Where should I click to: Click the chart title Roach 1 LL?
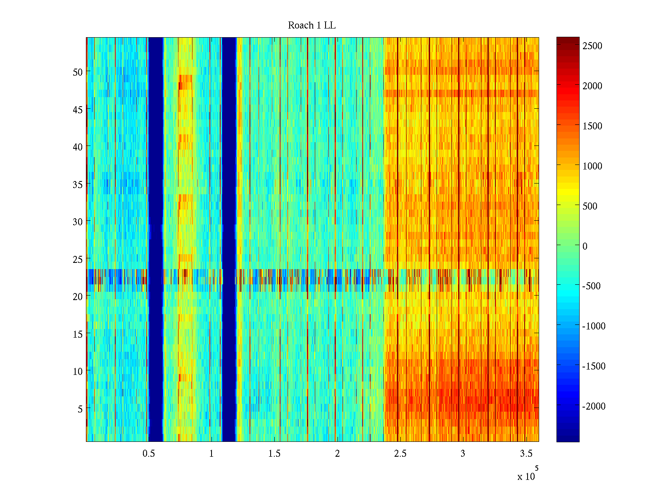pos(311,26)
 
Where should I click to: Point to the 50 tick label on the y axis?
pos(78,72)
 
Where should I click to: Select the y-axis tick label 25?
pos(78,259)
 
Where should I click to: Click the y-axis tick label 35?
pos(78,184)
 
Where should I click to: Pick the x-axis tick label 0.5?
pos(149,453)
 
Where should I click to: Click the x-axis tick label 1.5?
pos(274,453)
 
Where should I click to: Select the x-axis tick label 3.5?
pos(526,453)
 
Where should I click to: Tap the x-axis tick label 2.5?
pos(400,453)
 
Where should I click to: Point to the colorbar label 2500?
pos(592,46)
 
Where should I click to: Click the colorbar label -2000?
pos(594,406)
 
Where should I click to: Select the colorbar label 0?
pos(585,246)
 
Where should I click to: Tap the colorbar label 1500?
pos(592,126)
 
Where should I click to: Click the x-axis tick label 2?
pos(337,453)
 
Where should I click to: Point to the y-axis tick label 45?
pos(78,110)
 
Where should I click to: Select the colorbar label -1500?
pos(594,366)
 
